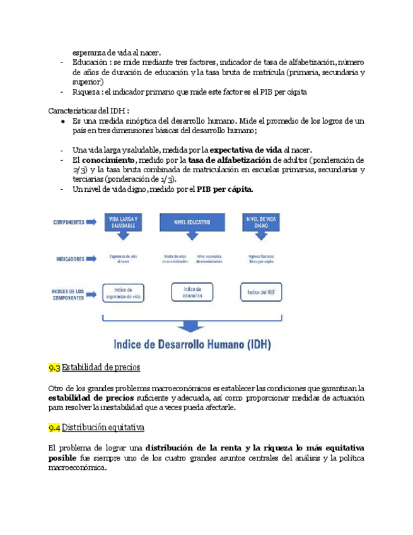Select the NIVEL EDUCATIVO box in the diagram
(192, 221)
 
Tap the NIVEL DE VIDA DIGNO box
(260, 221)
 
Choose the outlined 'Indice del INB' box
(260, 291)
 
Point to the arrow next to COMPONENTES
(90, 222)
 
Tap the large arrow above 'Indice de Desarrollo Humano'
(190, 326)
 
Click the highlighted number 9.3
(54, 367)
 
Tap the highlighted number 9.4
(54, 428)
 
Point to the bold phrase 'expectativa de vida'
(245, 150)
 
